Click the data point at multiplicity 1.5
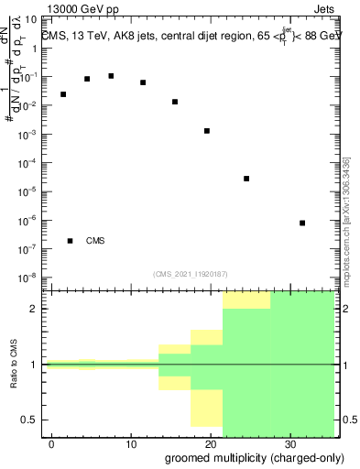[63, 94]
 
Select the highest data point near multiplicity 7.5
[111, 76]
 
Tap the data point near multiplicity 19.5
[207, 131]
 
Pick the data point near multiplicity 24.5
[246, 179]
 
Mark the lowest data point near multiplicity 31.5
[302, 223]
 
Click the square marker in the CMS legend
[71, 241]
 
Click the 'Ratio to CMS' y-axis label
[15, 364]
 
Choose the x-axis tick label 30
[290, 442]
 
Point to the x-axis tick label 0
[52, 442]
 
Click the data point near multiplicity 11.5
[143, 82]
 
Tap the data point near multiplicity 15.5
[175, 102]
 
